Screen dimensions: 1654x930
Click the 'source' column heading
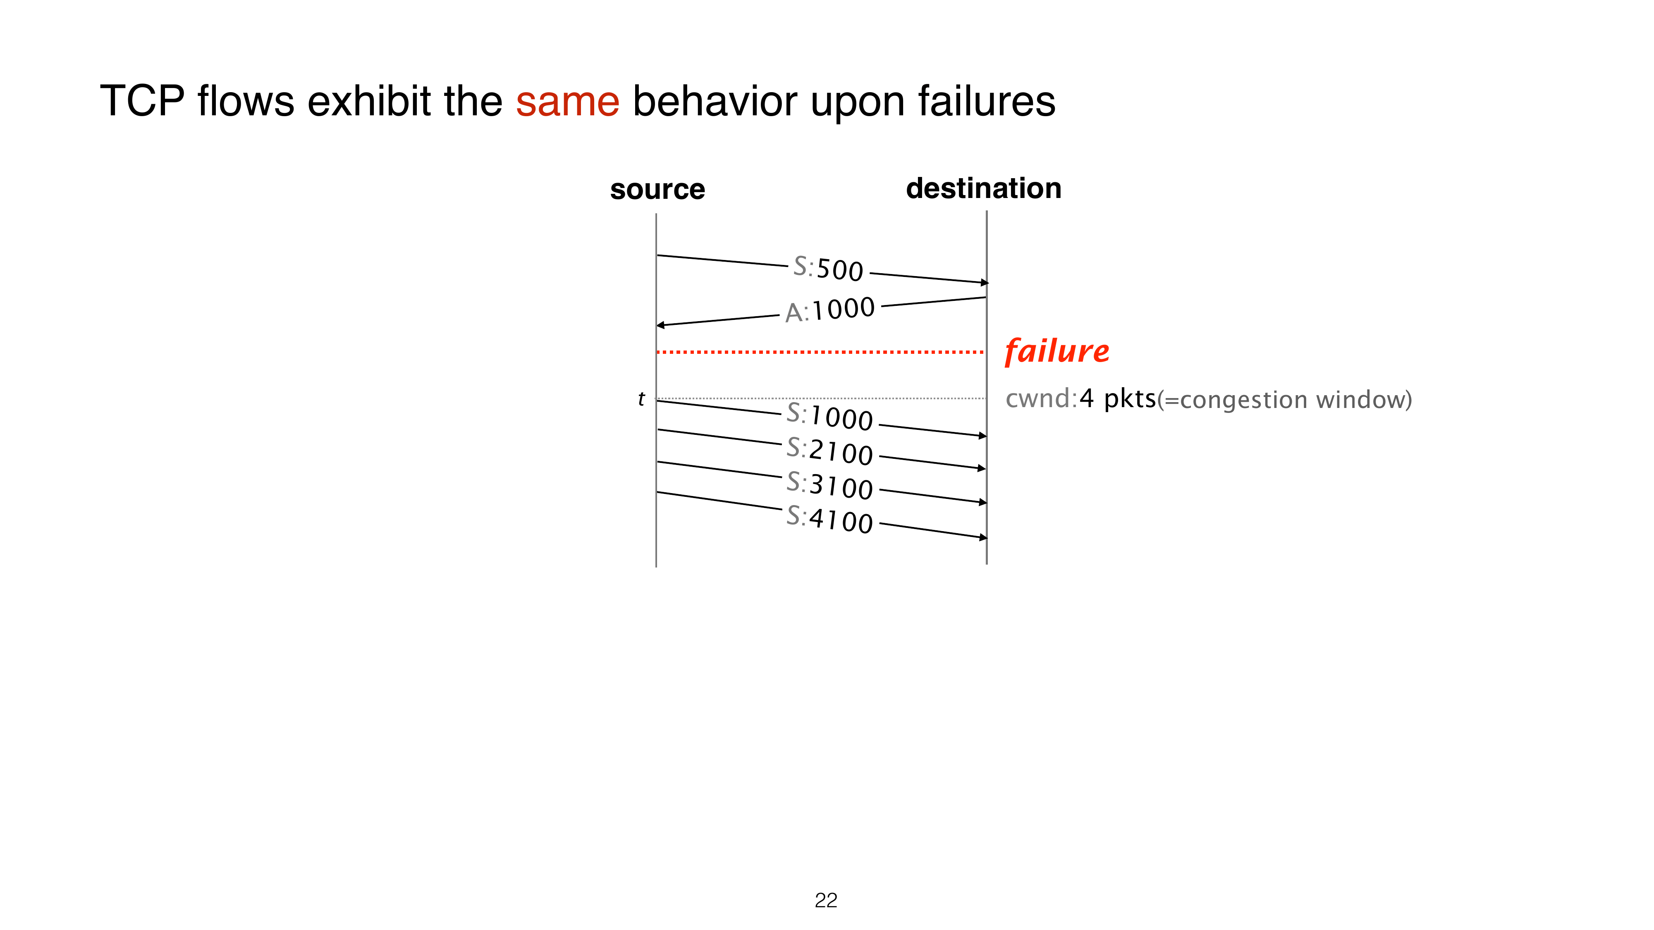[x=657, y=189]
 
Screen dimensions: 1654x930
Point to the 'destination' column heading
[x=984, y=188]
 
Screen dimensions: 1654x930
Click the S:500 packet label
[x=828, y=268]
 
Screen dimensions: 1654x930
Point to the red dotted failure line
[x=820, y=352]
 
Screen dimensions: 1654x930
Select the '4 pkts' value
[x=1118, y=398]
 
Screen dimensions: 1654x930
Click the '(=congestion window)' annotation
[x=1285, y=400]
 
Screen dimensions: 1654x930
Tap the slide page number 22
[x=826, y=901]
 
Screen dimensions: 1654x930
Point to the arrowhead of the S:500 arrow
[x=985, y=282]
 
